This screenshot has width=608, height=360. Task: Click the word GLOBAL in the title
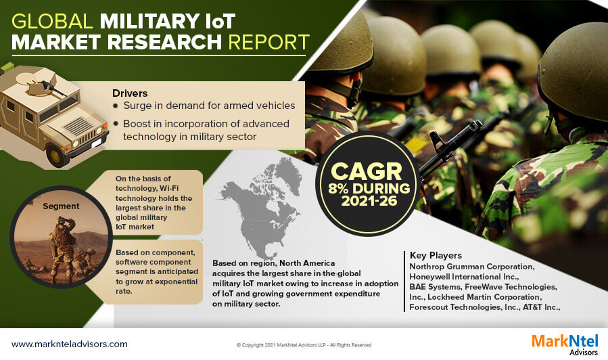click(x=52, y=22)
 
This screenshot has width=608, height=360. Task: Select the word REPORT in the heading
click(x=268, y=42)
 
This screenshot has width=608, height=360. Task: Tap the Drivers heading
click(x=130, y=93)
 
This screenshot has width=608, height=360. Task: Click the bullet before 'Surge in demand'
click(x=116, y=106)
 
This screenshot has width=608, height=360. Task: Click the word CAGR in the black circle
click(x=367, y=171)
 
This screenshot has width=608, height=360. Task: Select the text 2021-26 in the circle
click(x=369, y=200)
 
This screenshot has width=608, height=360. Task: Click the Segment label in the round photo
click(x=61, y=206)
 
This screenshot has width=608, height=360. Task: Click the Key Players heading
click(x=436, y=255)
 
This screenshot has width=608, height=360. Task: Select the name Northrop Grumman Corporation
click(x=472, y=267)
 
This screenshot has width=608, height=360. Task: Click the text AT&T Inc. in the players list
click(x=541, y=307)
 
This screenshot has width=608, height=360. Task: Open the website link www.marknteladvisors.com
click(x=70, y=344)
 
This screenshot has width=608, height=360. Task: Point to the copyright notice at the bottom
click(x=304, y=345)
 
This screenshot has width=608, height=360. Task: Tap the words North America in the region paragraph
click(x=307, y=263)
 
